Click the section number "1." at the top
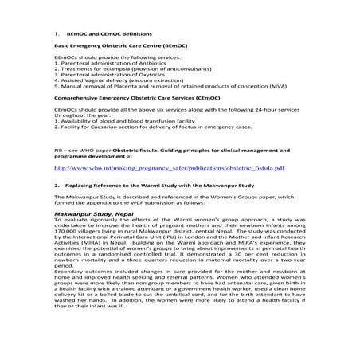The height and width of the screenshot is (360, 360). coord(57,35)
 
